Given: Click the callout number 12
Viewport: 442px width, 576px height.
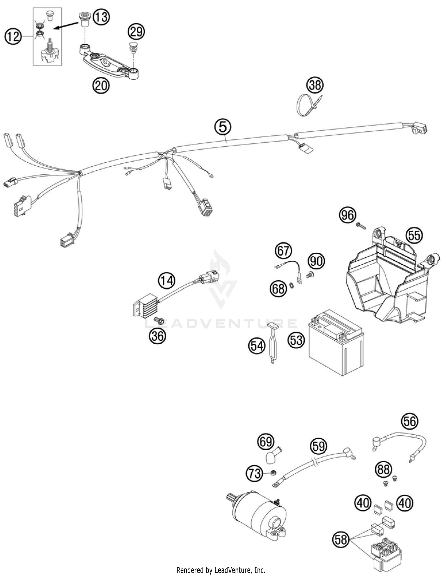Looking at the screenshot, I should (x=13, y=37).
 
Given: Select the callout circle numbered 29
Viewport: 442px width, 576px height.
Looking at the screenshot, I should (x=136, y=32).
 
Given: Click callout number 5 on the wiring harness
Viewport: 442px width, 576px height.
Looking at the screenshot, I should (x=223, y=127).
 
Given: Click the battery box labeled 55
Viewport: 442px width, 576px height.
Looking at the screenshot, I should (x=386, y=283).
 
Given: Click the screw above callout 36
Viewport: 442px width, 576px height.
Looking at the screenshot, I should (x=159, y=320).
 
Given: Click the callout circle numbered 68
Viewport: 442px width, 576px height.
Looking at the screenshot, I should (x=278, y=289).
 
